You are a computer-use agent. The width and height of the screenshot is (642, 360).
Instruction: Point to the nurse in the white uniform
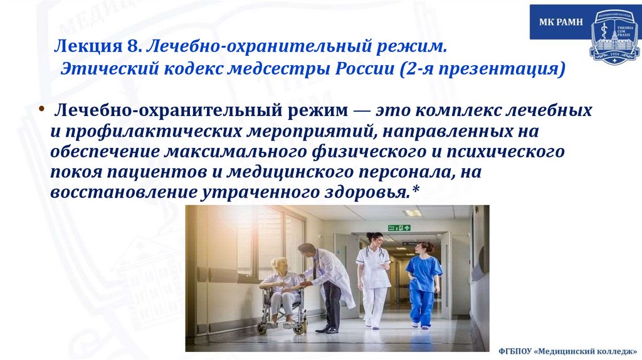[x=374, y=276]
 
